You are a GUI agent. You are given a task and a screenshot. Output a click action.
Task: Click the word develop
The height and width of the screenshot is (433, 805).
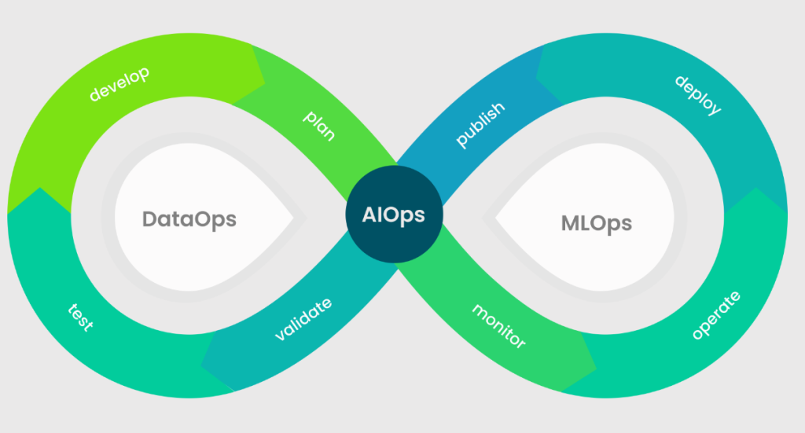point(119,84)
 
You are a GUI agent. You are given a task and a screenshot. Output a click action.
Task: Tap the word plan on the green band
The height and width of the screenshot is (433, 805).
point(319,125)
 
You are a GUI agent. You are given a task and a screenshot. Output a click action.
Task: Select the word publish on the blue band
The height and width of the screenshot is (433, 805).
point(480,125)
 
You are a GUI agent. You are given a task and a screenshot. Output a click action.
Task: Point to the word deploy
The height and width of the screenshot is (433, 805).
point(698,95)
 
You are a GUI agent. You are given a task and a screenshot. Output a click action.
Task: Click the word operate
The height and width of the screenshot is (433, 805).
point(716,315)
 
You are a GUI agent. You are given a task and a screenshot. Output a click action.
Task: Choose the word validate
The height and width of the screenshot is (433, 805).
point(303,319)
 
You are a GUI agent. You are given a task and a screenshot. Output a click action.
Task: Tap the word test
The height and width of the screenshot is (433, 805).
point(81,317)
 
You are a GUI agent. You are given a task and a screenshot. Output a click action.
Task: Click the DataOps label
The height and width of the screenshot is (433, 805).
point(189,219)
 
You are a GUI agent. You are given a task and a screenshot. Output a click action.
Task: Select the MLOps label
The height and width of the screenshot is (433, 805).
point(597,224)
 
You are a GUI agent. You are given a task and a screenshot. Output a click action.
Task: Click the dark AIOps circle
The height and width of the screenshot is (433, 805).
point(395,214)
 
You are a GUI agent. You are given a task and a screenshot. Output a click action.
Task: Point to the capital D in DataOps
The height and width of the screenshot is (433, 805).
point(149,219)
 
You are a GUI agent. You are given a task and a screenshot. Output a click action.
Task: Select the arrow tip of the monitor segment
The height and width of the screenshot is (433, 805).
point(596,368)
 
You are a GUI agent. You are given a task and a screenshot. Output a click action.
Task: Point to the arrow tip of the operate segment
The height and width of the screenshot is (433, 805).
point(755,188)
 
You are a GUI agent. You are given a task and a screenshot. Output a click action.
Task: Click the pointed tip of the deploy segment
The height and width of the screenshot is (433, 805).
point(536,78)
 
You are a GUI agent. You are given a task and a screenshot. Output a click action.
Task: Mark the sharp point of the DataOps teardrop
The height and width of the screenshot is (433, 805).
point(294,218)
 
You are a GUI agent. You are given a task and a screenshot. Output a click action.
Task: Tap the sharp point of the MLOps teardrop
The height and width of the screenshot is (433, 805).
point(495,218)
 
